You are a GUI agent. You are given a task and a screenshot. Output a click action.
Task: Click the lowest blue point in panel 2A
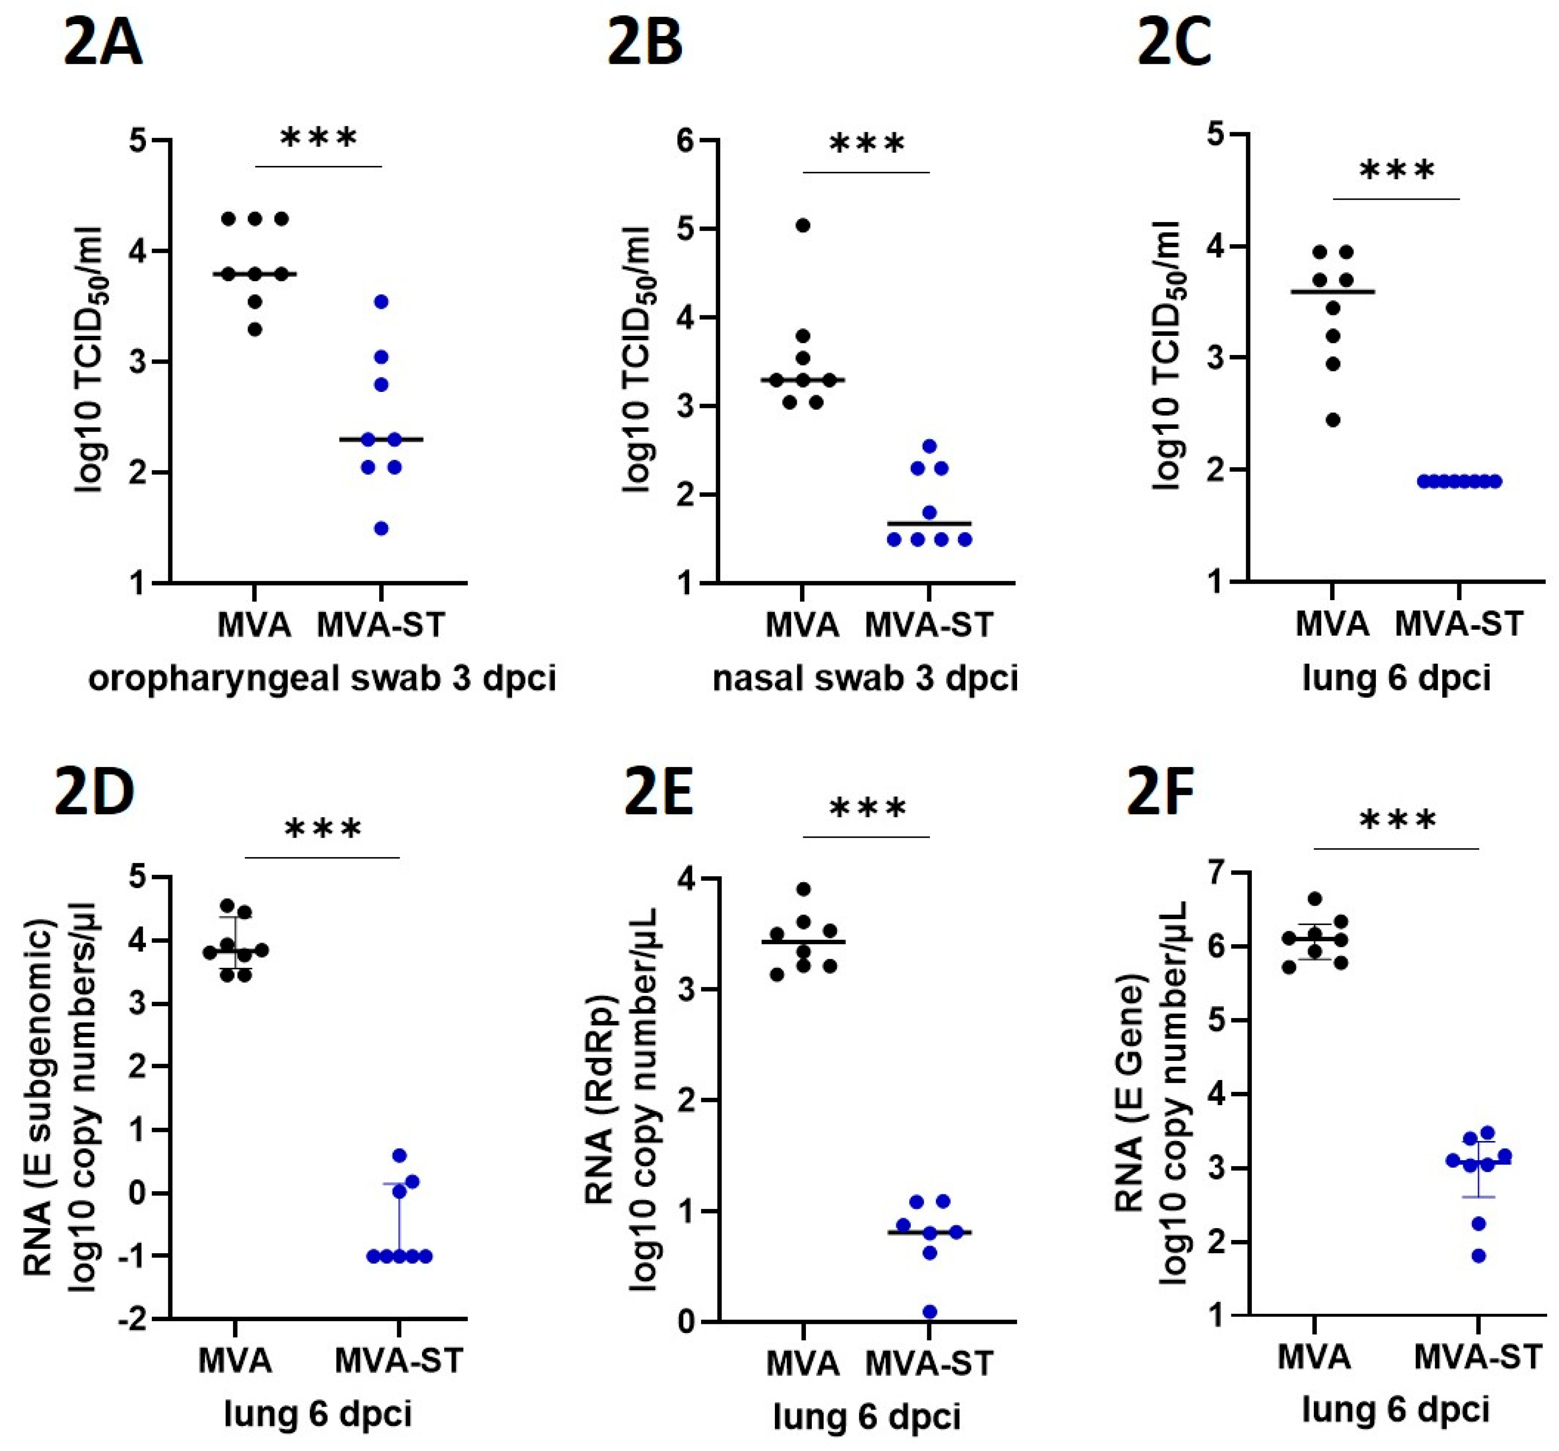(381, 528)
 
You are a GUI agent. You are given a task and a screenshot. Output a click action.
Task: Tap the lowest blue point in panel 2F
(1478, 1256)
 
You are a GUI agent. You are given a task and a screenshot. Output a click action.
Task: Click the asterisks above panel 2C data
(1397, 170)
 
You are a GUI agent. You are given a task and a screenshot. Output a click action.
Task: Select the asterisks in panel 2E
(867, 808)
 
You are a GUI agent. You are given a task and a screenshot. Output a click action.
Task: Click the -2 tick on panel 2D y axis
(131, 1319)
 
